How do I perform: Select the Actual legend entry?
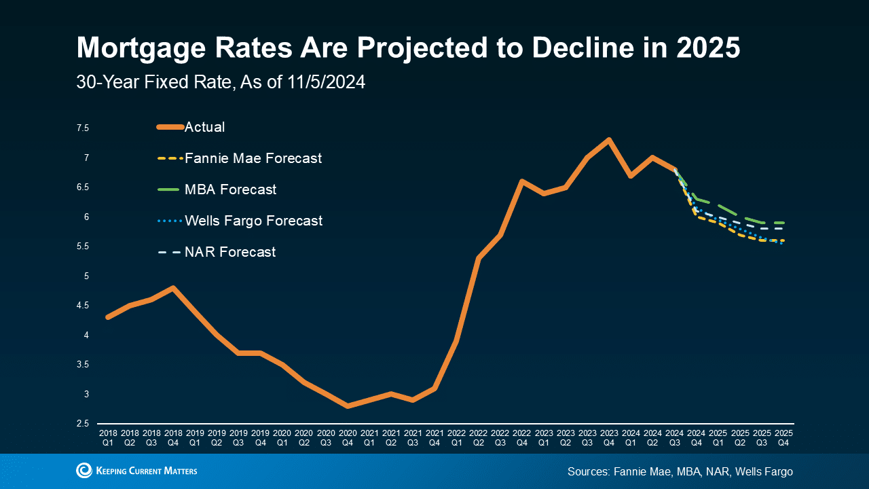click(x=204, y=127)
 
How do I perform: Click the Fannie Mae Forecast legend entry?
click(x=253, y=158)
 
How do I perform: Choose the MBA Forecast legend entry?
click(x=230, y=189)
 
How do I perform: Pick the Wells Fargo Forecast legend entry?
click(x=253, y=221)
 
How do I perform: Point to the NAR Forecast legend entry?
click(x=230, y=252)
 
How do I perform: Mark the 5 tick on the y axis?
click(x=86, y=276)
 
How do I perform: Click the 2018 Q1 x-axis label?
click(x=108, y=437)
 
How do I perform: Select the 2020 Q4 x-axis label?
click(x=348, y=437)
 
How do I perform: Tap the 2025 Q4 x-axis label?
click(x=783, y=437)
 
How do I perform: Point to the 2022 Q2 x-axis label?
click(x=478, y=437)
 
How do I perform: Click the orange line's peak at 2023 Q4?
click(x=609, y=140)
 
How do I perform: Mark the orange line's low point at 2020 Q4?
click(x=348, y=406)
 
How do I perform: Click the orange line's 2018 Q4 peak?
click(x=173, y=288)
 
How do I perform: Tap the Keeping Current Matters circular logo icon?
click(x=84, y=471)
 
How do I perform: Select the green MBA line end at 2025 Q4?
click(x=783, y=223)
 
